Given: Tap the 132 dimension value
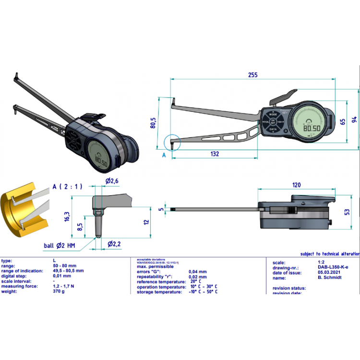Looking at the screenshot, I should coord(215,154).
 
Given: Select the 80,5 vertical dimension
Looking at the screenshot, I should coord(153,123).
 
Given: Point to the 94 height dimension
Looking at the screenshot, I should coord(354,119).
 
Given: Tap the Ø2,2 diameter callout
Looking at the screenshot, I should coord(114,244).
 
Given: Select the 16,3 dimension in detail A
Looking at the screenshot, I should coord(67,217).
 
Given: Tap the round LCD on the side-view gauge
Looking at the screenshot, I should coord(312,123).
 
